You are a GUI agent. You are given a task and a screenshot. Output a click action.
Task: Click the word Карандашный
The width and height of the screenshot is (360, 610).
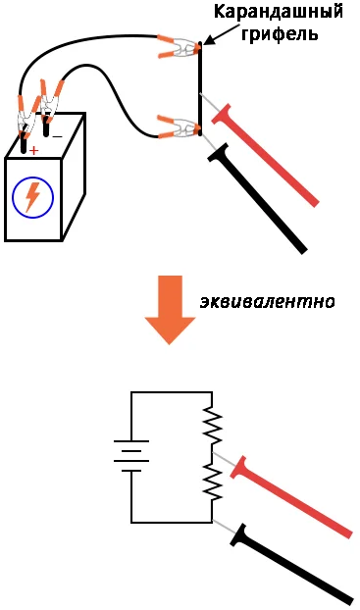pos(279,13)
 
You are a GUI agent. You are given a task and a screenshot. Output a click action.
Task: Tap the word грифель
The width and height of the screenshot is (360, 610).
pos(280,34)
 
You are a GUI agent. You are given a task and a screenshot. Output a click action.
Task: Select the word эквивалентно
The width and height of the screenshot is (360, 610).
pos(268,302)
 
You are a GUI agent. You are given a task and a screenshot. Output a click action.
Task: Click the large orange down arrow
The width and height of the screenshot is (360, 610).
pos(170,309)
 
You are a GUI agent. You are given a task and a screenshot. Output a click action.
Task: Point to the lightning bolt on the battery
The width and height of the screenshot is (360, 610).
pos(32,197)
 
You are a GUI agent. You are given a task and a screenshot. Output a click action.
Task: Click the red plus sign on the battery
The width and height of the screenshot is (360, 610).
pos(34,150)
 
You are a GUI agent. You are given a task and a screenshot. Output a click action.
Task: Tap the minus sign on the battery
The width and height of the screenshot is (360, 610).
pos(57,136)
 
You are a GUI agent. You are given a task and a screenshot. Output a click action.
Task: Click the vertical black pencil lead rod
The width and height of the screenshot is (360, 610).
pos(200,88)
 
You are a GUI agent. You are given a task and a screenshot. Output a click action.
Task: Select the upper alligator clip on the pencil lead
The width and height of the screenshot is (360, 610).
pos(180,48)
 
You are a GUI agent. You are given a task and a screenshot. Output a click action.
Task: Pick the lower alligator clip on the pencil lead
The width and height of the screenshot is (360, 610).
pos(180,127)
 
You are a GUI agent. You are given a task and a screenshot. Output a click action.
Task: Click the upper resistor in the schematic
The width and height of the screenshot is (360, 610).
pos(212,425)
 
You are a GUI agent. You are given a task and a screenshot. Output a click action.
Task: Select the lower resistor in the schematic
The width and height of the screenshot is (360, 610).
pos(212,482)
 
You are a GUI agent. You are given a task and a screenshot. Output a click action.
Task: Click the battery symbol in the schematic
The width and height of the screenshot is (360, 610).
pos(131,456)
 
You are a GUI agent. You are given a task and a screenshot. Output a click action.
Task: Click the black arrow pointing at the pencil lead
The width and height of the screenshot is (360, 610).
pos(220,34)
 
